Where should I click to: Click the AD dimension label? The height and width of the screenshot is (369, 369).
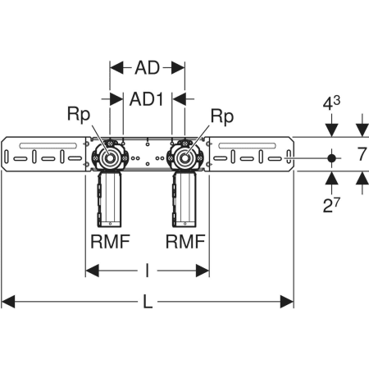pyautogui.click(x=147, y=68)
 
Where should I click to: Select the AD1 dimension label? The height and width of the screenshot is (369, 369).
pyautogui.click(x=147, y=99)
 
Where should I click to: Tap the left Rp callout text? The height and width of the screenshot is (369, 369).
pyautogui.click(x=79, y=115)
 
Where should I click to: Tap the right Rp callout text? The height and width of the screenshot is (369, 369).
pyautogui.click(x=222, y=116)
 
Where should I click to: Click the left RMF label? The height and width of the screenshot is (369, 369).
pyautogui.click(x=110, y=242)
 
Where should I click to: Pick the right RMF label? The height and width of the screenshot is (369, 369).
pyautogui.click(x=185, y=242)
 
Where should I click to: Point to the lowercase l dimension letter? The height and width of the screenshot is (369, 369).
pyautogui.click(x=148, y=271)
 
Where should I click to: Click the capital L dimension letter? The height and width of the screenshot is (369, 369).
pyautogui.click(x=148, y=302)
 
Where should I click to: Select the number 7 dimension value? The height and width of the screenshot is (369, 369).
pyautogui.click(x=362, y=154)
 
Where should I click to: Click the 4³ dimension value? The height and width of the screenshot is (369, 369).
pyautogui.click(x=331, y=103)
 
